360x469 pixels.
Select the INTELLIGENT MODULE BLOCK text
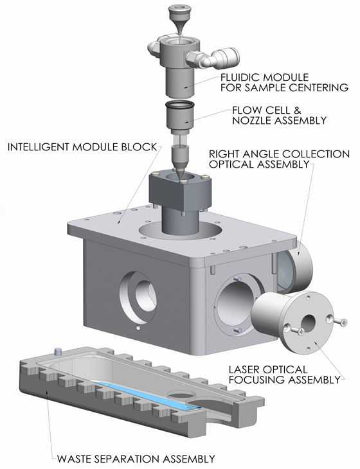point(81,147)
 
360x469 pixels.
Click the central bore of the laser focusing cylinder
point(307,324)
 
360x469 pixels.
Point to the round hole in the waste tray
point(184,394)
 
